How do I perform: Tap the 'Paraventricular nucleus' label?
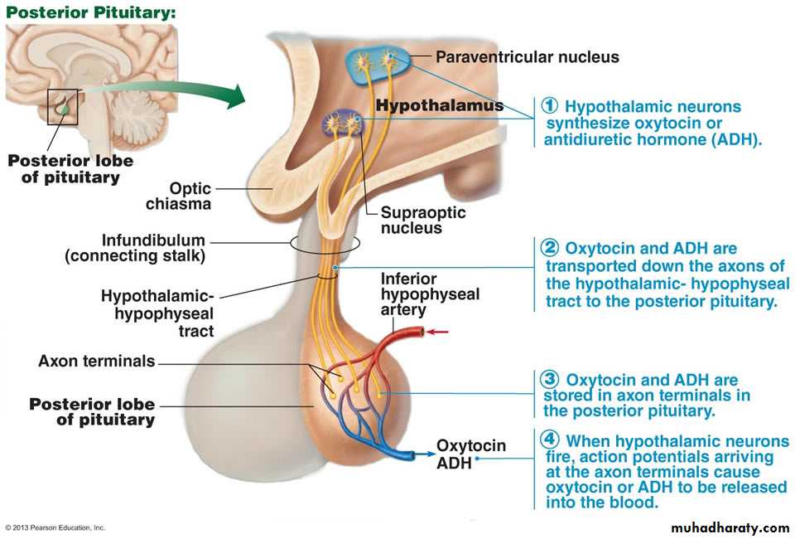[527, 57]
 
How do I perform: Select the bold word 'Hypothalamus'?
[439, 105]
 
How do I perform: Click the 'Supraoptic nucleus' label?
[422, 220]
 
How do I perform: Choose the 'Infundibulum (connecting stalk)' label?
[135, 248]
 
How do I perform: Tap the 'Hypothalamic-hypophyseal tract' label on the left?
[157, 313]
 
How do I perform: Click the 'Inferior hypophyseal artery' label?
[429, 294]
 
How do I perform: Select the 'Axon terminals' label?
[97, 361]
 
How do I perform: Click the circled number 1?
[551, 106]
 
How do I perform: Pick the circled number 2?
[551, 248]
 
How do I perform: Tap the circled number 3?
[550, 380]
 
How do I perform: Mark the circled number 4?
[550, 439]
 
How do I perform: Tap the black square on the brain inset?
[62, 106]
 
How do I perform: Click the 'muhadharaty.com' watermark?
[730, 527]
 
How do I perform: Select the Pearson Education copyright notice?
[56, 527]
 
